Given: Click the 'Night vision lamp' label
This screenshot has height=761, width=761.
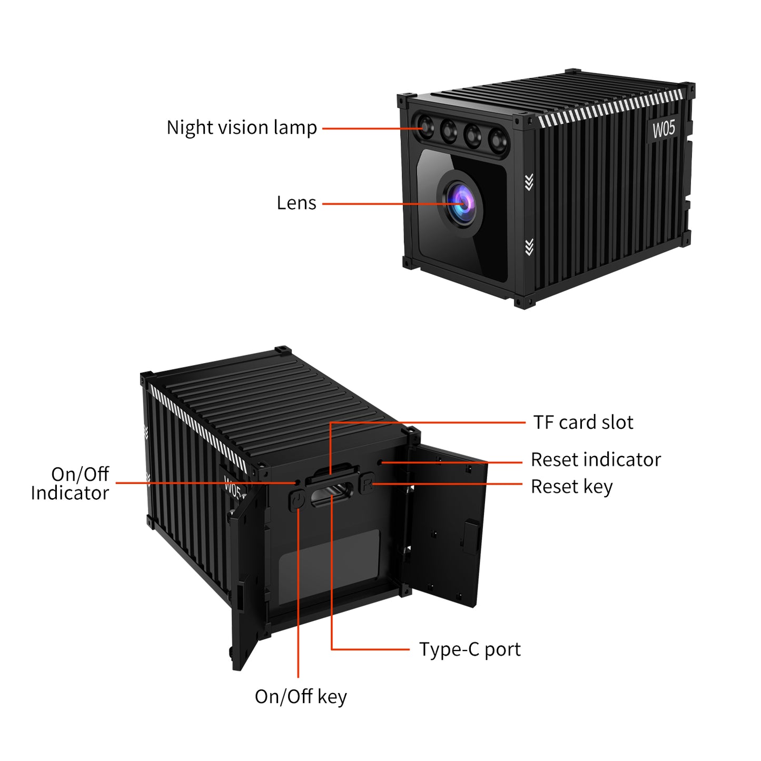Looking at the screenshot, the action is coord(241,128).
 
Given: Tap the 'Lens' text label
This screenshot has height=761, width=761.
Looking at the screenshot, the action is coord(296,203).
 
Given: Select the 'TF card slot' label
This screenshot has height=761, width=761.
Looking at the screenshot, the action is coord(583,422).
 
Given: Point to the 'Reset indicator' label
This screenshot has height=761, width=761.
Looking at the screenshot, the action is coord(596,460).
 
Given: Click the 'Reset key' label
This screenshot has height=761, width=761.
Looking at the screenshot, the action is coord(571,487).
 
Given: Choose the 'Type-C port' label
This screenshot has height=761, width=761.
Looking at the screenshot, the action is coord(470,649).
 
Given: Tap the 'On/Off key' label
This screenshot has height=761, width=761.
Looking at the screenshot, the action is coord(301,697).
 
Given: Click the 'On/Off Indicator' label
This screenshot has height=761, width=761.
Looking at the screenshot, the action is coord(70,483).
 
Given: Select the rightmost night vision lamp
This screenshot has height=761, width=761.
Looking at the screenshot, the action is coord(497,140).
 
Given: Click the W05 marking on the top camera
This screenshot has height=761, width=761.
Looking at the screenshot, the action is coord(663,129).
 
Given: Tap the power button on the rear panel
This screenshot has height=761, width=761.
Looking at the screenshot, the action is coord(298,499).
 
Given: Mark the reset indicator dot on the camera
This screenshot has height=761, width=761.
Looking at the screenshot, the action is coord(380,462).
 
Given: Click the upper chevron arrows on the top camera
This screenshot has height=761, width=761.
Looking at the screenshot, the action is coord(529,182).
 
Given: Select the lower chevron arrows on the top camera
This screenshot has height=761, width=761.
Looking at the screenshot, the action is coord(529,247).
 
